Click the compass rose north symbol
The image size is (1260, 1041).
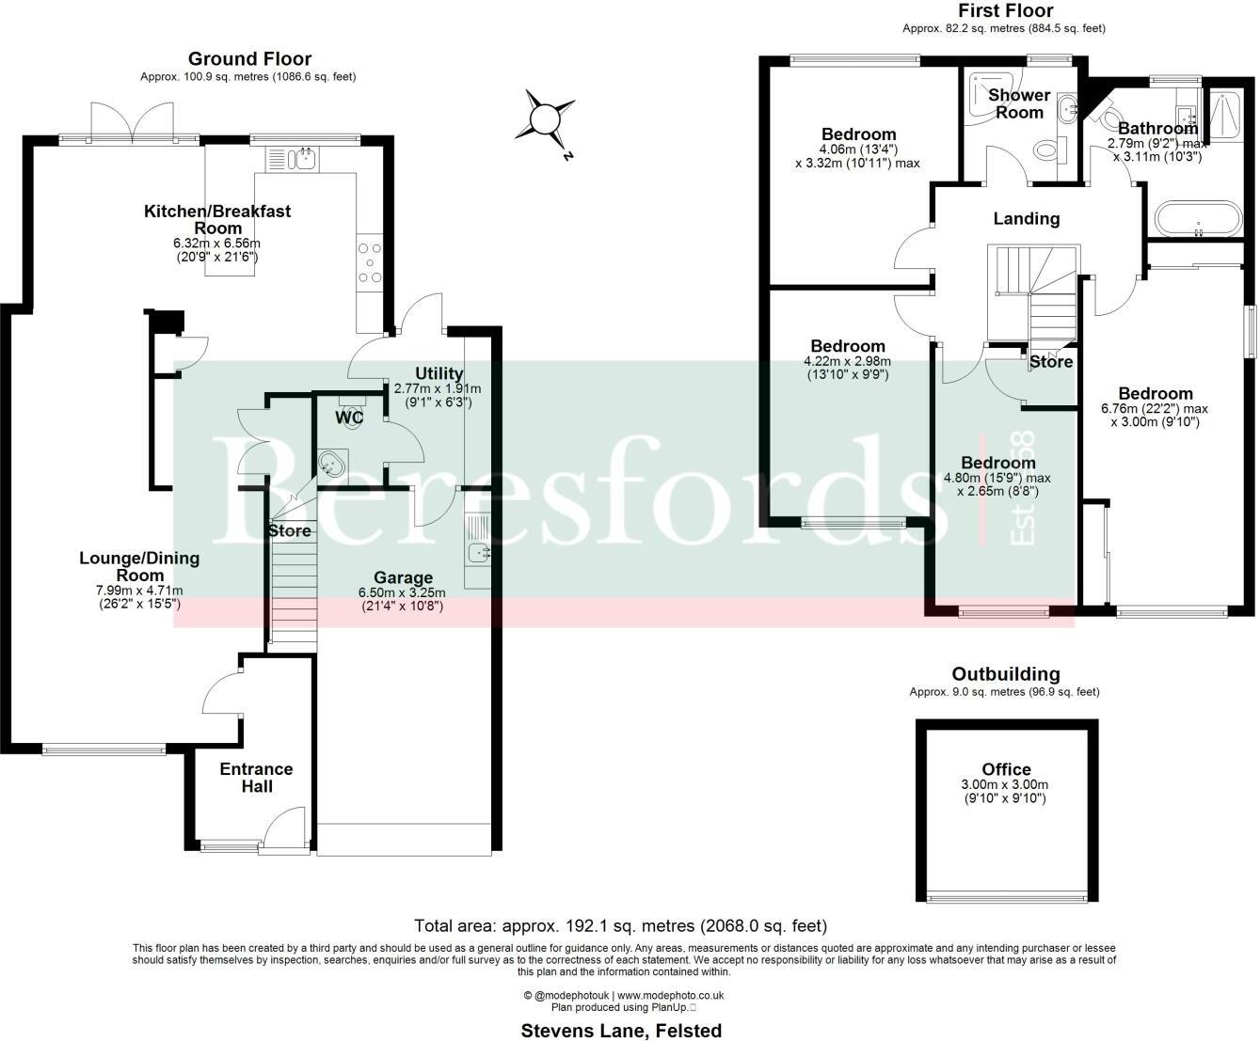[x=544, y=119]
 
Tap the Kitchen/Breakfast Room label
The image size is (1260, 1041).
[x=217, y=219]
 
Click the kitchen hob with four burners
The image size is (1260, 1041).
[x=369, y=262]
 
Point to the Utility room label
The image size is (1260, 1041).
[x=439, y=373]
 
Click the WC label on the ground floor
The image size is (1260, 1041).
[x=350, y=416]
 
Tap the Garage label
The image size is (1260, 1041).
[x=403, y=577]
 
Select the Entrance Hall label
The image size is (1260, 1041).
[x=256, y=777]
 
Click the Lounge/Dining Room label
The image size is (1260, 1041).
[x=139, y=566]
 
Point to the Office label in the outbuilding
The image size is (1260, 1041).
[x=1006, y=769]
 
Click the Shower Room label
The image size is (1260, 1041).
[x=1019, y=103]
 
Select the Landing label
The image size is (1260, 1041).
[x=1026, y=218]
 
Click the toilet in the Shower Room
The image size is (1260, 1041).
[x=1046, y=150]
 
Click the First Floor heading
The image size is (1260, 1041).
[x=1005, y=11]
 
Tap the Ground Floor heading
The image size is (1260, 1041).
[x=249, y=59]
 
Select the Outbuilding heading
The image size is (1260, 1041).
[x=1005, y=673]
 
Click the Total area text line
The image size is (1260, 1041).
[x=620, y=926]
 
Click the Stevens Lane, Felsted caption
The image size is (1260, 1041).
[x=621, y=1031]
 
